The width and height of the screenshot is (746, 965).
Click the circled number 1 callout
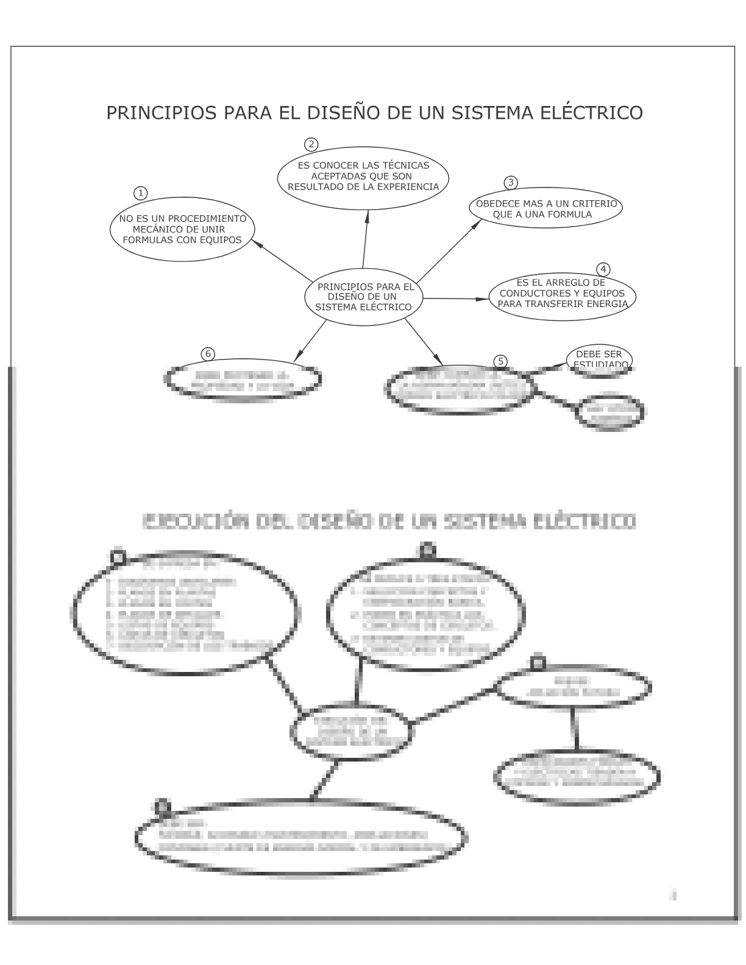coord(140,193)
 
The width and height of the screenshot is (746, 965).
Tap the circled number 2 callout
coord(311,144)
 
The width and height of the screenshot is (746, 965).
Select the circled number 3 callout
coord(511,182)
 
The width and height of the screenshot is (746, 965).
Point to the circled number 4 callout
coord(603,269)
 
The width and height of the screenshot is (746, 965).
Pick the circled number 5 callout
coord(500,361)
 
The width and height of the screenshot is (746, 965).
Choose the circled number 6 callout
coord(208,354)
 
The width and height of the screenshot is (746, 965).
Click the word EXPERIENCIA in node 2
coord(408,186)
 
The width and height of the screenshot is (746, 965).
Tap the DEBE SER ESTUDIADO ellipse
coord(599,359)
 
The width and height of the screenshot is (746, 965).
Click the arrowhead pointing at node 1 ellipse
coord(256,242)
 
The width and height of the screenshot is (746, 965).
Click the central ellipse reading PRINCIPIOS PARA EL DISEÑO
coord(364,297)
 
